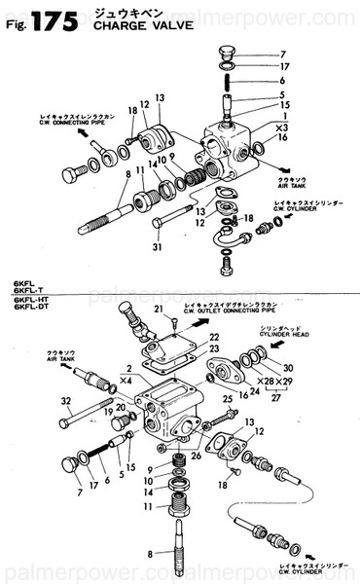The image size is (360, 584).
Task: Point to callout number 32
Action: point(66,400)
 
